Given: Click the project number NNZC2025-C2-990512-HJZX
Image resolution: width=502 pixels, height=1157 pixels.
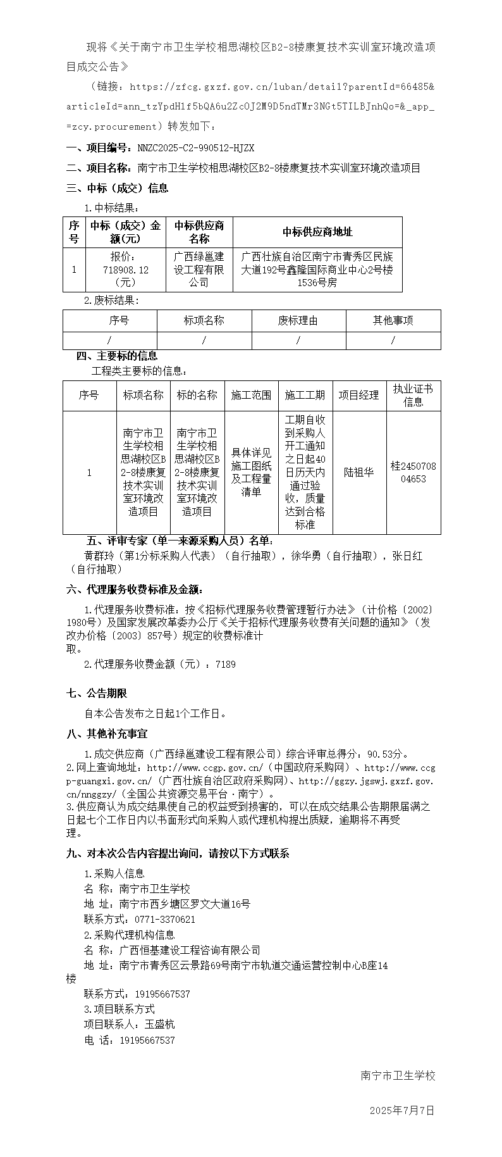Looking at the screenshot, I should [196, 148].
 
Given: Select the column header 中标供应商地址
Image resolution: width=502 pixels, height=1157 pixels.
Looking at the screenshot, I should [317, 232].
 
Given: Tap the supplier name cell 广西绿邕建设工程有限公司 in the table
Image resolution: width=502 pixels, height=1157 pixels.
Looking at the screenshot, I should [199, 270].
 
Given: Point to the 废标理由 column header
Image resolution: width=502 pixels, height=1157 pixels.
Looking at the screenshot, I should [298, 321].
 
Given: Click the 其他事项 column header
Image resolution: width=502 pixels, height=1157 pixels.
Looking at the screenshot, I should [393, 321].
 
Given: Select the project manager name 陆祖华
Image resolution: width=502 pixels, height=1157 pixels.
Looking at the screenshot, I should [358, 473].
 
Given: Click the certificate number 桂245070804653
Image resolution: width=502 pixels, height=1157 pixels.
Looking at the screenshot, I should [413, 473].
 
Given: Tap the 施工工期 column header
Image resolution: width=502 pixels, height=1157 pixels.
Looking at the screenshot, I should [305, 396].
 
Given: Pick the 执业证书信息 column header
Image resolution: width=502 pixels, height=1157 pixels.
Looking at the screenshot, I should [413, 396].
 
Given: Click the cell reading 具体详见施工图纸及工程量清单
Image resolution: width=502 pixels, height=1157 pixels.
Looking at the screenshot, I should [251, 473].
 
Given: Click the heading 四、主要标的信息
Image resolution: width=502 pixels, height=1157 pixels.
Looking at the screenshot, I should [117, 356].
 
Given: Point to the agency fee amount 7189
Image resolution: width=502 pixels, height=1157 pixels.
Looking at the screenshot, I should [226, 665].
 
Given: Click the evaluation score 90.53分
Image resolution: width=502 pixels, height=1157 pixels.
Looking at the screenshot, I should [388, 754].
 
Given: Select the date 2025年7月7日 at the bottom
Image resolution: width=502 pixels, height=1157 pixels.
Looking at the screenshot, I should [402, 1111].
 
